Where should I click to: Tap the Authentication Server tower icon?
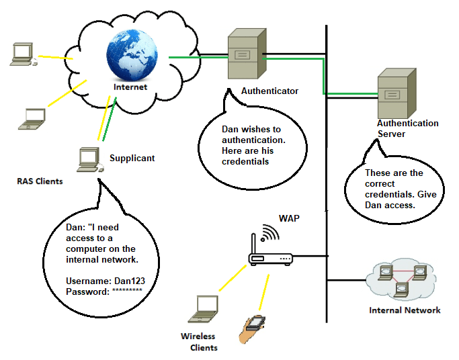tap(392, 93)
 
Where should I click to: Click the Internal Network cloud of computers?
tap(402, 277)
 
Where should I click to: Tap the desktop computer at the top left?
tap(22, 54)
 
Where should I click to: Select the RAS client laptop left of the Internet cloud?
tap(31, 118)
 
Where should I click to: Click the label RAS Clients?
tap(40, 181)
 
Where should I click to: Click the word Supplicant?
tap(132, 159)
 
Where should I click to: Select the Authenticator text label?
tap(269, 91)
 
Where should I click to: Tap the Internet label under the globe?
tap(130, 87)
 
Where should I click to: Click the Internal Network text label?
tap(405, 310)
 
